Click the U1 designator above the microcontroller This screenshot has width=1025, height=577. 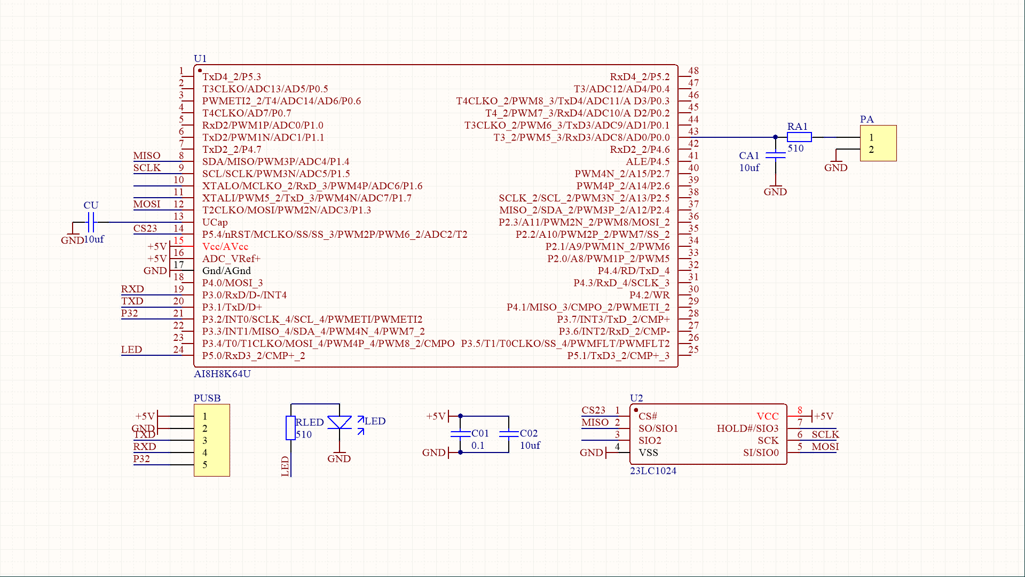[200, 58]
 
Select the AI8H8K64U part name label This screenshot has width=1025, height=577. [222, 373]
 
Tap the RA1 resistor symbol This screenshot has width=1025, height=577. [799, 137]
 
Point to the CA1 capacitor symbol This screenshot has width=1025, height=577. [775, 155]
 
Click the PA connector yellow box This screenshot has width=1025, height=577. [878, 143]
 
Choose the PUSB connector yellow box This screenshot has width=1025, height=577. [212, 440]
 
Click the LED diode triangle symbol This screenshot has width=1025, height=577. [340, 423]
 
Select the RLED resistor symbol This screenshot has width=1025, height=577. [290, 427]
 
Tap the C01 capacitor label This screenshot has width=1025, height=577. [480, 433]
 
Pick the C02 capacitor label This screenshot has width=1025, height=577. [529, 433]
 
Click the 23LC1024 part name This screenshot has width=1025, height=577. [653, 471]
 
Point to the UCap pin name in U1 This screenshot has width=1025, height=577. [215, 222]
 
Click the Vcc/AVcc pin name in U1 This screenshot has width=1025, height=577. [225, 246]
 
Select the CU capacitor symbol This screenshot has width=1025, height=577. [91, 222]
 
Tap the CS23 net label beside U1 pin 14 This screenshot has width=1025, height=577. [145, 228]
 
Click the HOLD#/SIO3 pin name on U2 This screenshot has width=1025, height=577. [747, 428]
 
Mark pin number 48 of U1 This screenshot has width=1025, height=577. [693, 71]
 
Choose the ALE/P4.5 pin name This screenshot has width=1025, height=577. [648, 161]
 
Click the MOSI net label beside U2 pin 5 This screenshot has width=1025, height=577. [825, 447]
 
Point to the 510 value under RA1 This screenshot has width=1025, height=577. [795, 149]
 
